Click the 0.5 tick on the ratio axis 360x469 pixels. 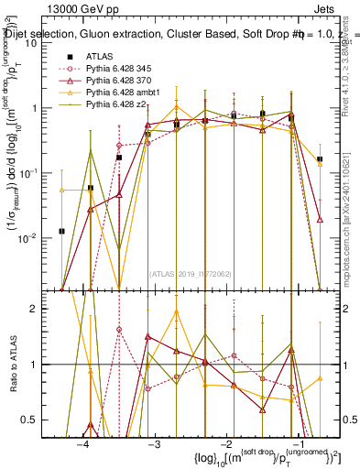pyautogui.click(x=38, y=420)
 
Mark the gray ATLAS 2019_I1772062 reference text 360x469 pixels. pyautogui.click(x=191, y=273)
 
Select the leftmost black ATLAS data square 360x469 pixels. pyautogui.click(x=61, y=231)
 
